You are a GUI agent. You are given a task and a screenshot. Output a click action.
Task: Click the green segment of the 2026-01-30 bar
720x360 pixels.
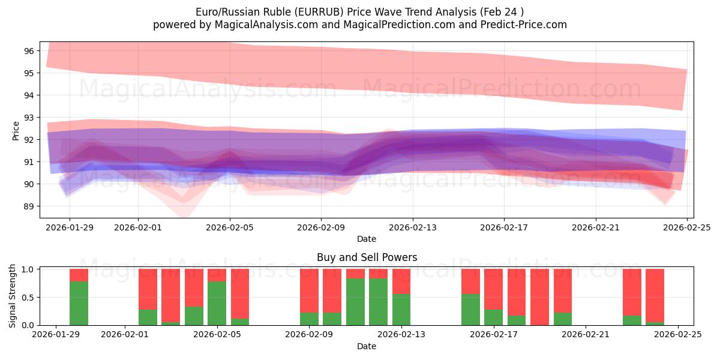79,303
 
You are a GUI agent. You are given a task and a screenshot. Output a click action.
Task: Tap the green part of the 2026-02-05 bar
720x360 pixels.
217,303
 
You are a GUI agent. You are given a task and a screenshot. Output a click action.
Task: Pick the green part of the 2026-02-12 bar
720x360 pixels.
378,302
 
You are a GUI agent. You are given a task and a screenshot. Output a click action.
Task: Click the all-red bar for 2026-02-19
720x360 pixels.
539,297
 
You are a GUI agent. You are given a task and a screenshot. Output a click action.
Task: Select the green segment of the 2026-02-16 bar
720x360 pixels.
470,310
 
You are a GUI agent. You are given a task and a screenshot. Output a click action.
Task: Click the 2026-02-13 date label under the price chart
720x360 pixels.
412,227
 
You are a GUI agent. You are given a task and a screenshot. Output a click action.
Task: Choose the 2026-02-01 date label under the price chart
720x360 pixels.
138,227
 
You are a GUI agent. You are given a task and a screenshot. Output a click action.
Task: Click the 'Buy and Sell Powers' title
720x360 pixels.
367,257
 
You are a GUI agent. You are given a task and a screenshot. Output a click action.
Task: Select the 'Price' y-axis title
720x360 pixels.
16,130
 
